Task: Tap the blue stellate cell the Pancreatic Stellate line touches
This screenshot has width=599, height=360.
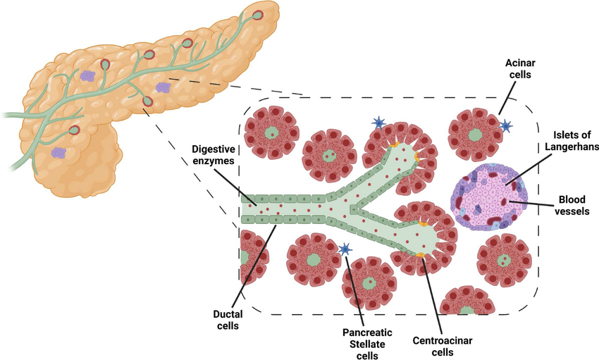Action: coord(345,249)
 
